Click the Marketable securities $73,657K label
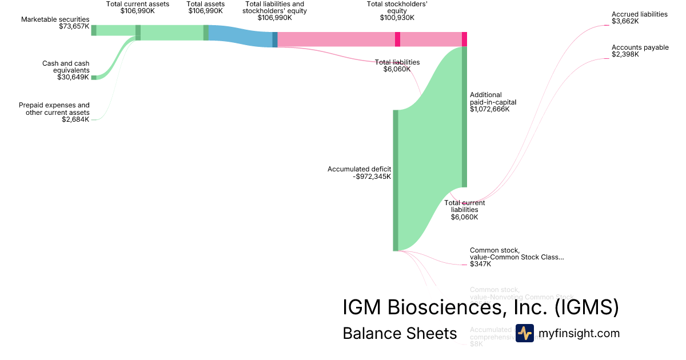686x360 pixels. [x=55, y=23]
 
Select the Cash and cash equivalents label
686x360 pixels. [x=66, y=70]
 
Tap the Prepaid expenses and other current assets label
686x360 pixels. [x=54, y=112]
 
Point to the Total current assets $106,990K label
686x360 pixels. [x=138, y=7]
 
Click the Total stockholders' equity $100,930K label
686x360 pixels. [x=397, y=11]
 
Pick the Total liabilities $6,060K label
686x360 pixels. [x=397, y=66]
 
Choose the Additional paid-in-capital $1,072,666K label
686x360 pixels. [x=489, y=102]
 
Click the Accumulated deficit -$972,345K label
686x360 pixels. [x=359, y=173]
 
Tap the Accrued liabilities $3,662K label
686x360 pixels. [x=639, y=18]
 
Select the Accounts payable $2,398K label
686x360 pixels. [x=640, y=51]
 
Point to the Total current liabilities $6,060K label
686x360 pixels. [x=464, y=210]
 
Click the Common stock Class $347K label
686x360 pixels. [x=516, y=257]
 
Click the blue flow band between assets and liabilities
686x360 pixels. [x=240, y=36]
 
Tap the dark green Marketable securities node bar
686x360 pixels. [x=94, y=30]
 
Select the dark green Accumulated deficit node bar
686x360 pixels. [x=395, y=180]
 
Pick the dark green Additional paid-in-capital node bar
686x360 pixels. [x=464, y=117]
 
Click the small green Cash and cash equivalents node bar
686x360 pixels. [x=94, y=77]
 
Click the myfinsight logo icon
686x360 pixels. [x=524, y=333]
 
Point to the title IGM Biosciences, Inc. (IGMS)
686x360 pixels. [x=480, y=307]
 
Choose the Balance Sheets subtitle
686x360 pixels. [x=400, y=333]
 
